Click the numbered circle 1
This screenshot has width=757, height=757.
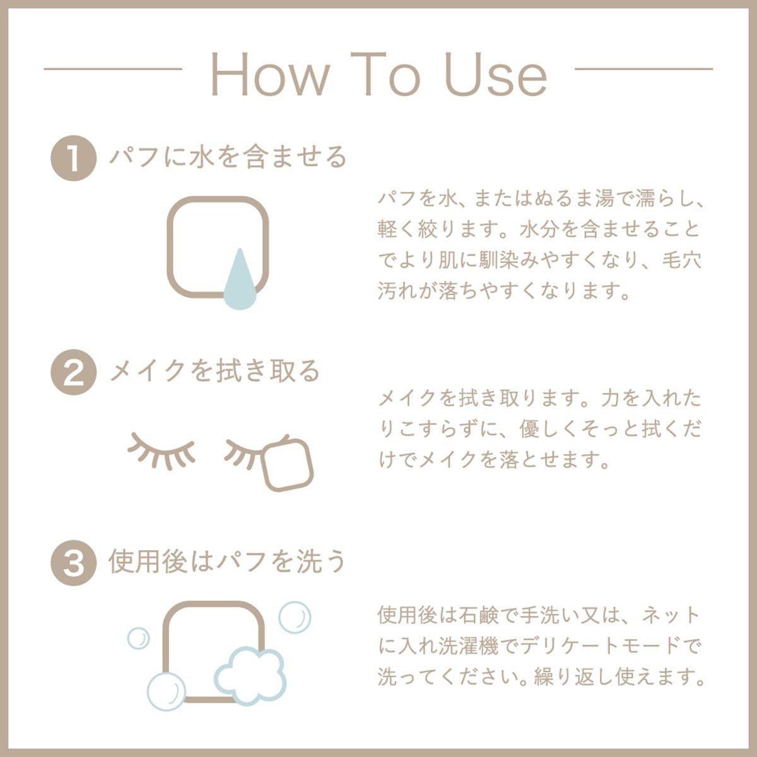pos(73,158)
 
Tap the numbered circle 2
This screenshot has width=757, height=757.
pos(73,372)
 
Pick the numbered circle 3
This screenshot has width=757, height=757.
pos(73,563)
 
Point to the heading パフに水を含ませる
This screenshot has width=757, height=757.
pos(228,156)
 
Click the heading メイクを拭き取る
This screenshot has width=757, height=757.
pos(214,370)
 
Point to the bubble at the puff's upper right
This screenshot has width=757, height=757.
pos(295,617)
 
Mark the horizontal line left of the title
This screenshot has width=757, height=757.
pos(113,69)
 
